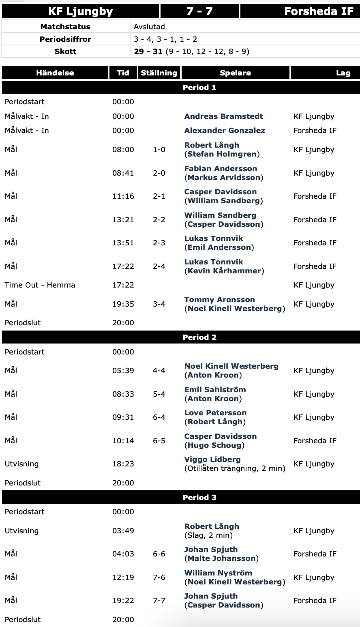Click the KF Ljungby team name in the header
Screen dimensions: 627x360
(x=80, y=11)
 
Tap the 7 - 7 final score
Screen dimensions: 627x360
(x=199, y=11)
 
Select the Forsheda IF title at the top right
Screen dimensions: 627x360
(x=319, y=11)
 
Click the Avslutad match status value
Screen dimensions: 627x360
(x=149, y=27)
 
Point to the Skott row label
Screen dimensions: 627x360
(x=65, y=52)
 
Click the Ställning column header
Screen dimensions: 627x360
(x=159, y=73)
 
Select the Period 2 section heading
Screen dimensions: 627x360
(x=199, y=337)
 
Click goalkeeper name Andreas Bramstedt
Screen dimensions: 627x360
(x=223, y=116)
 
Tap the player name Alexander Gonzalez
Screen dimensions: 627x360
(x=225, y=131)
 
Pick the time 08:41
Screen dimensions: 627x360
(x=123, y=173)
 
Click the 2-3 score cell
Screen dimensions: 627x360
(x=159, y=243)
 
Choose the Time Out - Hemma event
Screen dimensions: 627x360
(x=40, y=285)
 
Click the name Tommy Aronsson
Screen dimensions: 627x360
(x=219, y=300)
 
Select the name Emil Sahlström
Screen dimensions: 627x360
(x=215, y=390)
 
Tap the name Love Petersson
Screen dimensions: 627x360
(x=215, y=413)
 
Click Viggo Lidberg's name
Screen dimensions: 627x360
(x=212, y=460)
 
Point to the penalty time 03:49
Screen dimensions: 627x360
(x=123, y=531)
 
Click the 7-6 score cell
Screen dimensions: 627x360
(x=159, y=578)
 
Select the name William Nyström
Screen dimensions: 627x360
(x=218, y=573)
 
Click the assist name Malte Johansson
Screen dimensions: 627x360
(x=221, y=558)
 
